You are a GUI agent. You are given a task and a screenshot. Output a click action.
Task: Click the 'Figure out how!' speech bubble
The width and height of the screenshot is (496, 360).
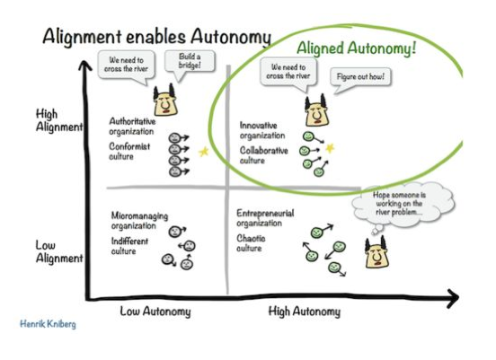[x=359, y=77]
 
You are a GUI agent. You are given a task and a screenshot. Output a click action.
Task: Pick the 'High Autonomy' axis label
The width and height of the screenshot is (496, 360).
[x=305, y=312]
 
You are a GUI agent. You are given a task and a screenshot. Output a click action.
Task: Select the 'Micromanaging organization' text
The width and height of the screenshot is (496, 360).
[x=139, y=222]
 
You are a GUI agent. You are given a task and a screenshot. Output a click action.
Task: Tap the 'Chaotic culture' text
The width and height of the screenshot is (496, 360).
[x=250, y=243]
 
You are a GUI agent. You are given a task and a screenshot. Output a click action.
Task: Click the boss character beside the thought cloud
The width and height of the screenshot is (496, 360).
[x=376, y=254]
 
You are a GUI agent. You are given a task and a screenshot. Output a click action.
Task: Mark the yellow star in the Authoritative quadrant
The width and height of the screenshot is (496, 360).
[x=203, y=152]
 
